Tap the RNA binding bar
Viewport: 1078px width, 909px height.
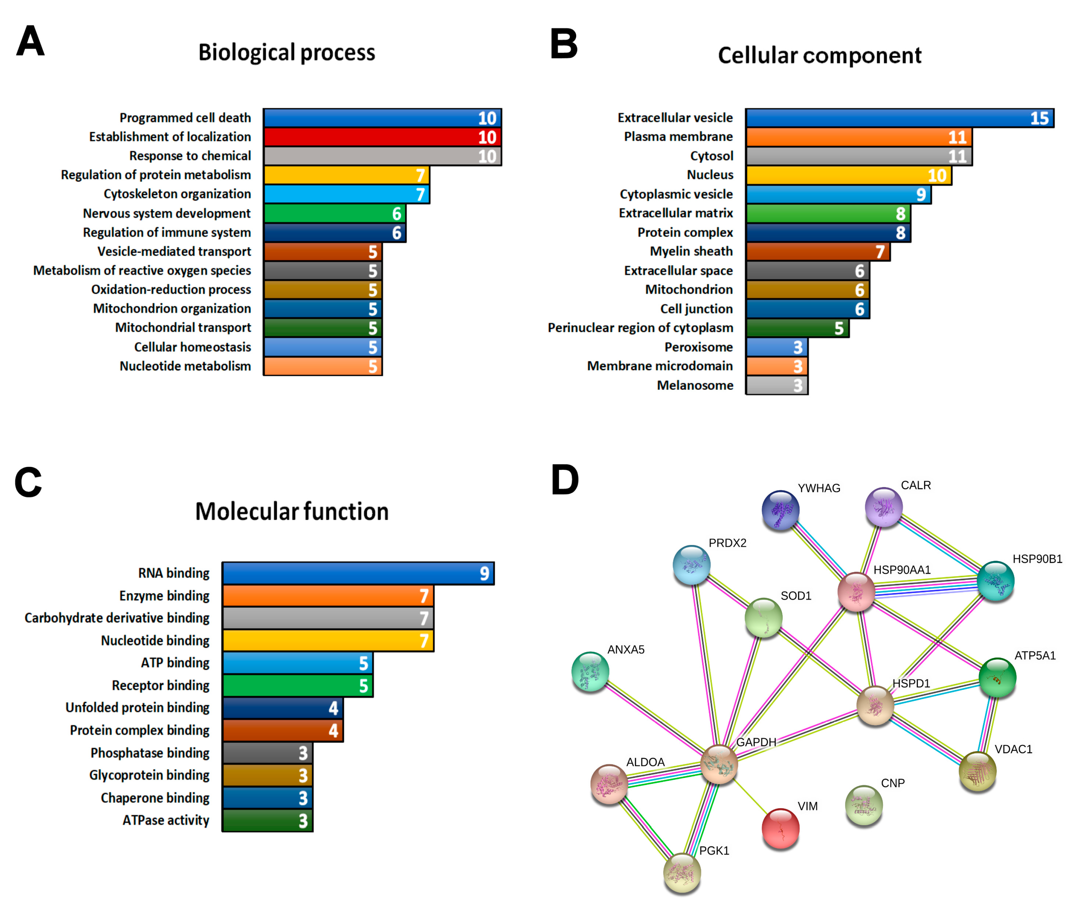click(x=358, y=574)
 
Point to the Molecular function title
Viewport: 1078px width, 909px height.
click(x=292, y=512)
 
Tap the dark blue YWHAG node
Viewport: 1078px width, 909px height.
click(x=780, y=510)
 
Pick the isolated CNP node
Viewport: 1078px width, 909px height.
click(x=864, y=804)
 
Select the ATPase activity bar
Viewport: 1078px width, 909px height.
click(x=267, y=820)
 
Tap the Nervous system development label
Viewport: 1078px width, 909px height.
click(x=167, y=213)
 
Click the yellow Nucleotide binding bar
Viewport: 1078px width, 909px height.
click(x=328, y=641)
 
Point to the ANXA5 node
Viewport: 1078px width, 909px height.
click(x=591, y=671)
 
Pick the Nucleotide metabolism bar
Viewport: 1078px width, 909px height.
click(x=322, y=366)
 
